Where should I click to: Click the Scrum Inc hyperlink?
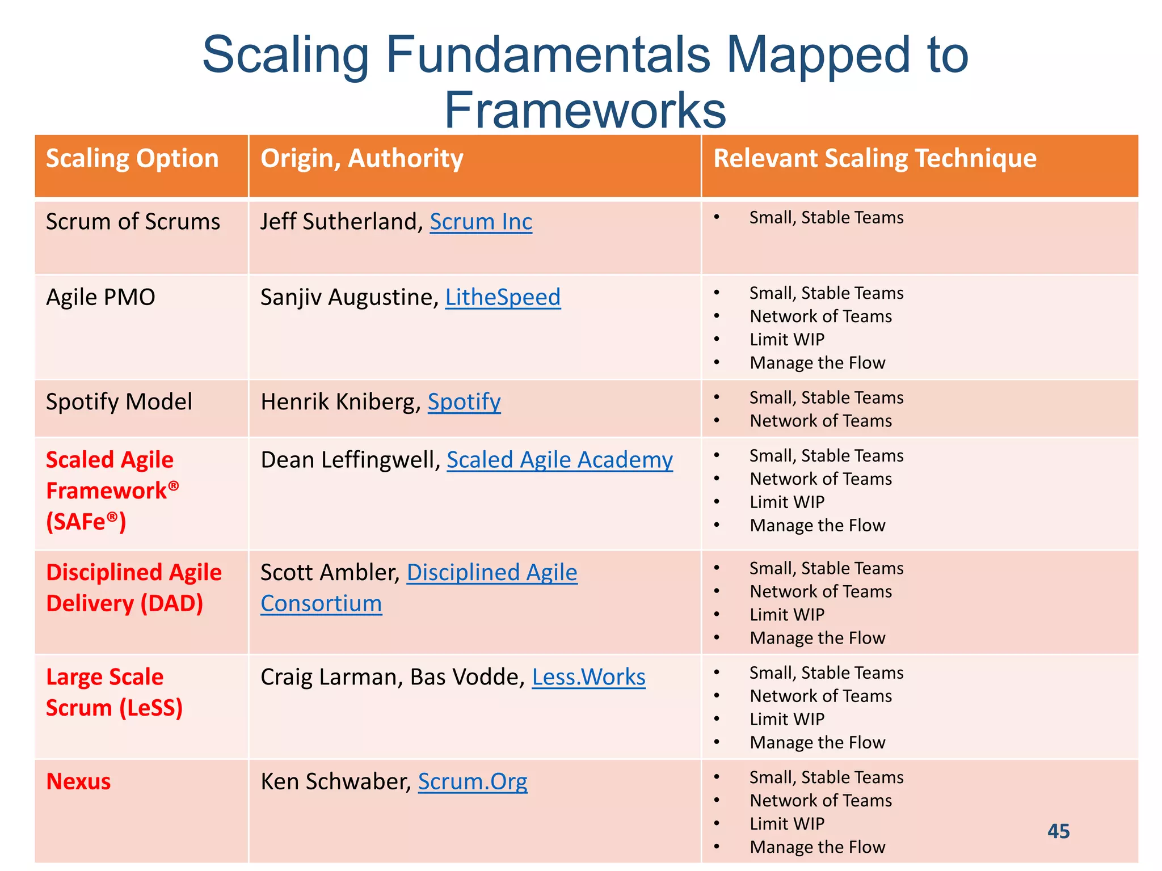(x=481, y=222)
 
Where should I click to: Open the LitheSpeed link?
(x=503, y=297)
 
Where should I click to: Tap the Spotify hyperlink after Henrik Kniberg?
(x=464, y=402)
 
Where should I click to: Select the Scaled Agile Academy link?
(x=559, y=460)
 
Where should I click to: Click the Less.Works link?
(x=588, y=677)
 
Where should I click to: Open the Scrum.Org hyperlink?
(x=472, y=781)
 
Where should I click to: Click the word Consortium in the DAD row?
(x=321, y=603)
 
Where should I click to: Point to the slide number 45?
(x=1058, y=831)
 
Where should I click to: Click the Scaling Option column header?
(x=132, y=158)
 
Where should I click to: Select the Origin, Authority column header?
(x=361, y=158)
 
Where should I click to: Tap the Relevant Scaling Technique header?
(x=874, y=158)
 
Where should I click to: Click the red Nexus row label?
(x=78, y=781)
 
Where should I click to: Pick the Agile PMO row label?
(x=100, y=297)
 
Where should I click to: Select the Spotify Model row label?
(x=119, y=402)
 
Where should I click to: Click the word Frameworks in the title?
(x=584, y=110)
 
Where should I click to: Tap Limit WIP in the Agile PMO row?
(x=786, y=340)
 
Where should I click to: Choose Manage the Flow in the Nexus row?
(x=817, y=847)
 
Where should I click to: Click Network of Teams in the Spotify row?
(x=820, y=421)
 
